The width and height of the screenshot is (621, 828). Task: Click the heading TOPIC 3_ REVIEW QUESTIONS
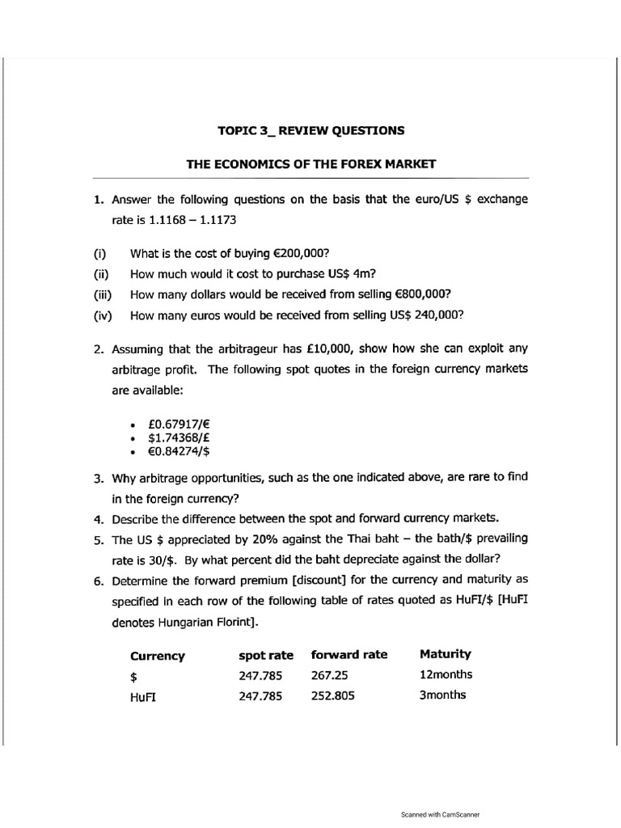310,129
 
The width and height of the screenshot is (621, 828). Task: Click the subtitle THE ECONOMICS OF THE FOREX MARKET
310,163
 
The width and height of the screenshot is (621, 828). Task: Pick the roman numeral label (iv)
103,315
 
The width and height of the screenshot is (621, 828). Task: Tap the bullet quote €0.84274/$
180,451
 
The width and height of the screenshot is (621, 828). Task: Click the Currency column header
157,656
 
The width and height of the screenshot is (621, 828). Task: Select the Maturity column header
446,654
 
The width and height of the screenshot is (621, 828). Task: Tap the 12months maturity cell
446,674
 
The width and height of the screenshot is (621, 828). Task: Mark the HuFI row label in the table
142,696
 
